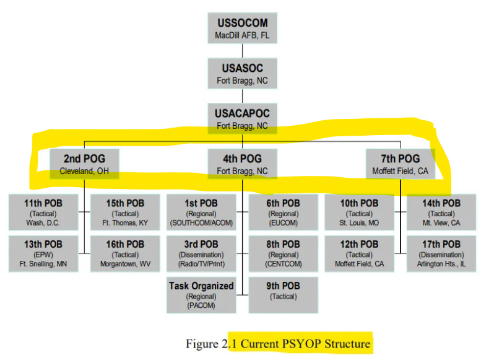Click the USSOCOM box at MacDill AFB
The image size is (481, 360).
pos(242,28)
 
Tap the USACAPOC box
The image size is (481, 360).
pos(242,118)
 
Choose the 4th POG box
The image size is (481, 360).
pos(242,164)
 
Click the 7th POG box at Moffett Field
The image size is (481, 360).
pos(400,164)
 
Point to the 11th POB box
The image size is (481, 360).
pos(43,212)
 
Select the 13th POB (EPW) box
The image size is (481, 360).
pos(43,253)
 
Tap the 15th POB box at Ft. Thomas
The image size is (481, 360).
pos(126,212)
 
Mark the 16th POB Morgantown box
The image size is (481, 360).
pos(126,253)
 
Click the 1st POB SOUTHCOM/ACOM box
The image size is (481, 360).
pos(202,212)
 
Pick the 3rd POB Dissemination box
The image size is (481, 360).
pos(202,253)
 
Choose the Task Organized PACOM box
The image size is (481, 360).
pos(202,295)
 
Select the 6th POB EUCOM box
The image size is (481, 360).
pos(283,212)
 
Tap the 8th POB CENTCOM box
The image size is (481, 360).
pos(283,253)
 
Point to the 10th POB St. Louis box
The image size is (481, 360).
pos(360,212)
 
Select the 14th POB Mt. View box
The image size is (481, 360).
pos(441,212)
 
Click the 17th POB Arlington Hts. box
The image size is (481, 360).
pos(441,253)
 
